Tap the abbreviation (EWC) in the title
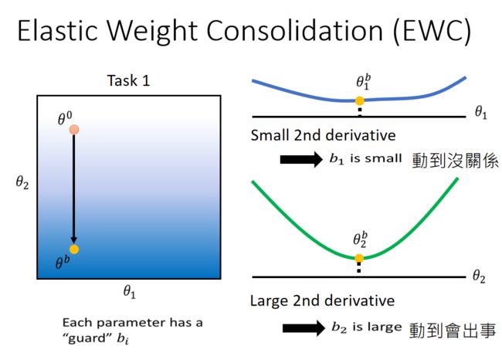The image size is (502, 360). click(432, 31)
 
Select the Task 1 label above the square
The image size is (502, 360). click(128, 80)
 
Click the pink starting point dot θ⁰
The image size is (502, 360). click(74, 130)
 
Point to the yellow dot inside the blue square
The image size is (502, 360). click(74, 250)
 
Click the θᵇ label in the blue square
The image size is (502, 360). click(63, 263)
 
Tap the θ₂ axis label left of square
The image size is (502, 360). click(22, 182)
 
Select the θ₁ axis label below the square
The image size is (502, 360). click(130, 292)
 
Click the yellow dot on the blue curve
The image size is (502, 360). click(360, 101)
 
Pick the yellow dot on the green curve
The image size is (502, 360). click(359, 259)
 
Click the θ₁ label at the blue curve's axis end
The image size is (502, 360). click(481, 113)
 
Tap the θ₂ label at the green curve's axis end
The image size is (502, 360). click(479, 276)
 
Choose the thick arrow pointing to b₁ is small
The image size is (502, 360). click(301, 159)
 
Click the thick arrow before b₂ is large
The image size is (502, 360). click(304, 328)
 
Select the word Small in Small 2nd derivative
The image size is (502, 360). click(270, 135)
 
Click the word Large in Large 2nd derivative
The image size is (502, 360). click(270, 301)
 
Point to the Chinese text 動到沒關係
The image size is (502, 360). click(455, 161)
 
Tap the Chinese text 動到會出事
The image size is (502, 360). click(453, 330)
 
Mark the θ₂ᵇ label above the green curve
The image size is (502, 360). click(360, 239)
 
